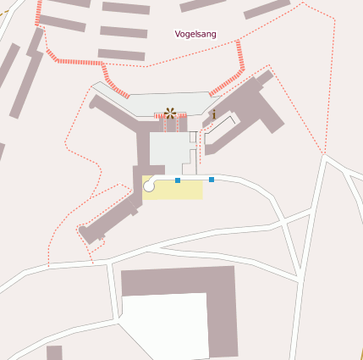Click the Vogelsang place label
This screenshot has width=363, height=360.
click(x=195, y=34)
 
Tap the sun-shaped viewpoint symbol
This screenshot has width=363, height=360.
click(x=171, y=112)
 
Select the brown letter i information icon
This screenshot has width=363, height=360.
click(x=214, y=114)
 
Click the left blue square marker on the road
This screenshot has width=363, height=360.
click(x=178, y=180)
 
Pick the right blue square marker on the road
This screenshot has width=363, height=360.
click(x=211, y=180)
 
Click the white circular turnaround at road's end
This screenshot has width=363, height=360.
click(x=150, y=186)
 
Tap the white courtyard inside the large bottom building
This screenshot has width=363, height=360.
click(x=165, y=326)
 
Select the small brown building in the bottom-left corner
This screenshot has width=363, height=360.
click(x=54, y=352)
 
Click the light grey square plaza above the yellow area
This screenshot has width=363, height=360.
click(x=171, y=152)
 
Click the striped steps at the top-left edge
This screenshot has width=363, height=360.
click(x=39, y=12)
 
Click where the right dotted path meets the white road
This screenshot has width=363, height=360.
click(x=324, y=154)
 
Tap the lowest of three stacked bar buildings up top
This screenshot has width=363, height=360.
click(x=121, y=55)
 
